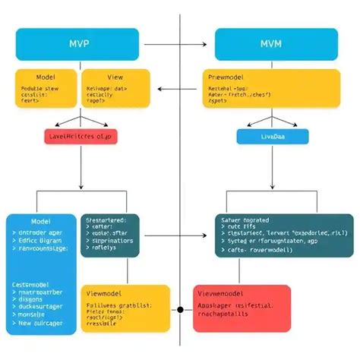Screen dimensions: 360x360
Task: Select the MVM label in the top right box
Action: click(271, 43)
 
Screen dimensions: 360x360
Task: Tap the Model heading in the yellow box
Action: click(45, 77)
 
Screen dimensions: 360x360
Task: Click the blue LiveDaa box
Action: click(273, 136)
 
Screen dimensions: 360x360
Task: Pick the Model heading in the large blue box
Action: click(40, 220)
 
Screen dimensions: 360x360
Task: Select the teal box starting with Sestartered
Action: click(110, 235)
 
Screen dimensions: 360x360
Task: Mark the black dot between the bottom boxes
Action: click(180, 310)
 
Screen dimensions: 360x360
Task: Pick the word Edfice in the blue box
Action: click(29, 240)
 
